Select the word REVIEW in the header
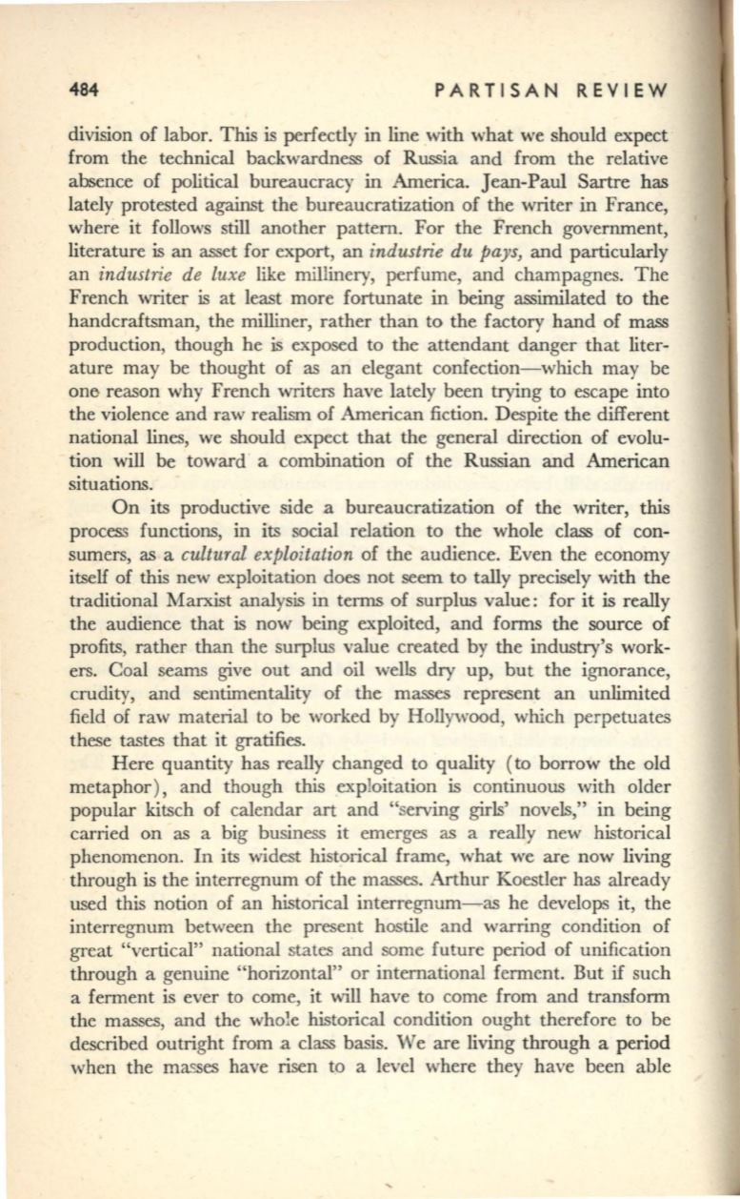[x=619, y=91]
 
